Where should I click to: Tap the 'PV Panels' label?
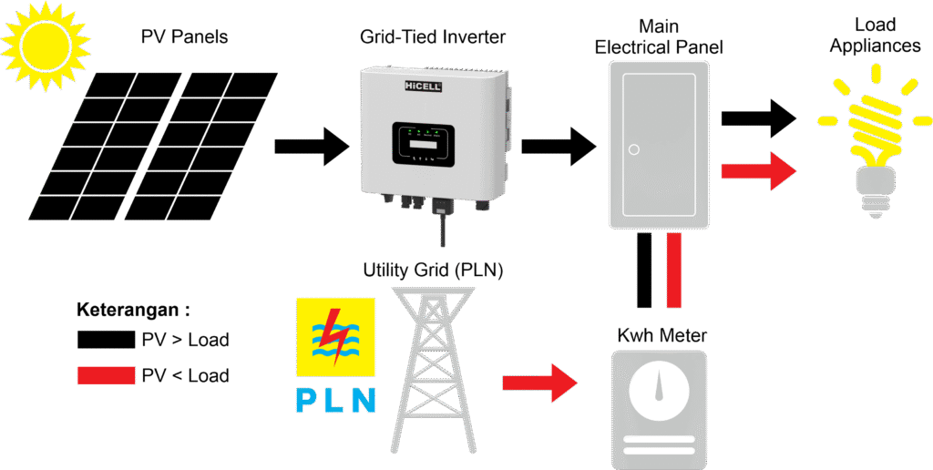(184, 36)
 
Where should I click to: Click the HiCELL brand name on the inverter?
(425, 86)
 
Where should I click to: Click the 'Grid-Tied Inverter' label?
(433, 36)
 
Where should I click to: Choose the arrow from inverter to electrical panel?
(559, 147)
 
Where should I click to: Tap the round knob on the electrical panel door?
(634, 149)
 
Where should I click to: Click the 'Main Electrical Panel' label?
(660, 36)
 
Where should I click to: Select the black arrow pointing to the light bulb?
(759, 117)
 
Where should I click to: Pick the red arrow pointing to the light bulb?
(759, 170)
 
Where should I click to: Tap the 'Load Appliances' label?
(875, 36)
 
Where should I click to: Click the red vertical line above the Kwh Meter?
(673, 271)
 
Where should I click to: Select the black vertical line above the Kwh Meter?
(644, 271)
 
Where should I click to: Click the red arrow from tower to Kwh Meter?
(540, 383)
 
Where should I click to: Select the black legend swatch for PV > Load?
(106, 340)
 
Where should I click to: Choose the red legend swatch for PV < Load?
(106, 375)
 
